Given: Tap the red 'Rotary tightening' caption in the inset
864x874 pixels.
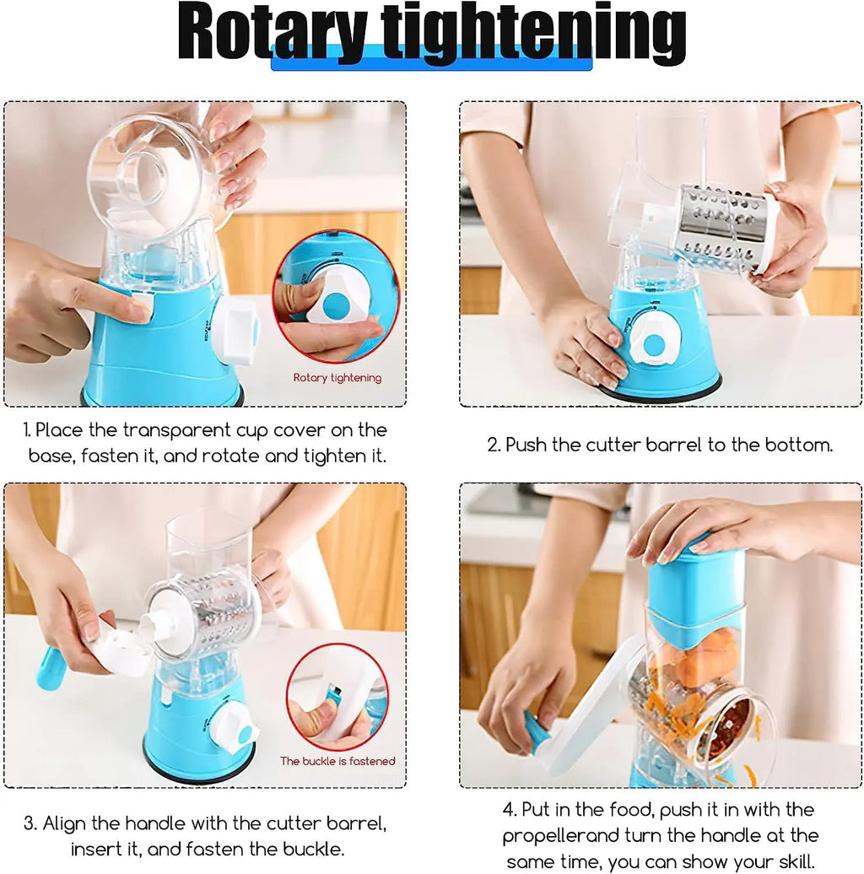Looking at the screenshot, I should (x=337, y=378).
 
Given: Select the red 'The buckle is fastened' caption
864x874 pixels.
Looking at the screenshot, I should (x=337, y=761).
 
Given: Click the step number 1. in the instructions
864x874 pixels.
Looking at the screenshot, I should (x=28, y=430).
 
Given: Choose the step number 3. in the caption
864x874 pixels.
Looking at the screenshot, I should (x=30, y=823).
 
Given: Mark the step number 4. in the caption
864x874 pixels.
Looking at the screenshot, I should (x=509, y=810).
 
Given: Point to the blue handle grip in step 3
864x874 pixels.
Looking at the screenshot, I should (x=50, y=668).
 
